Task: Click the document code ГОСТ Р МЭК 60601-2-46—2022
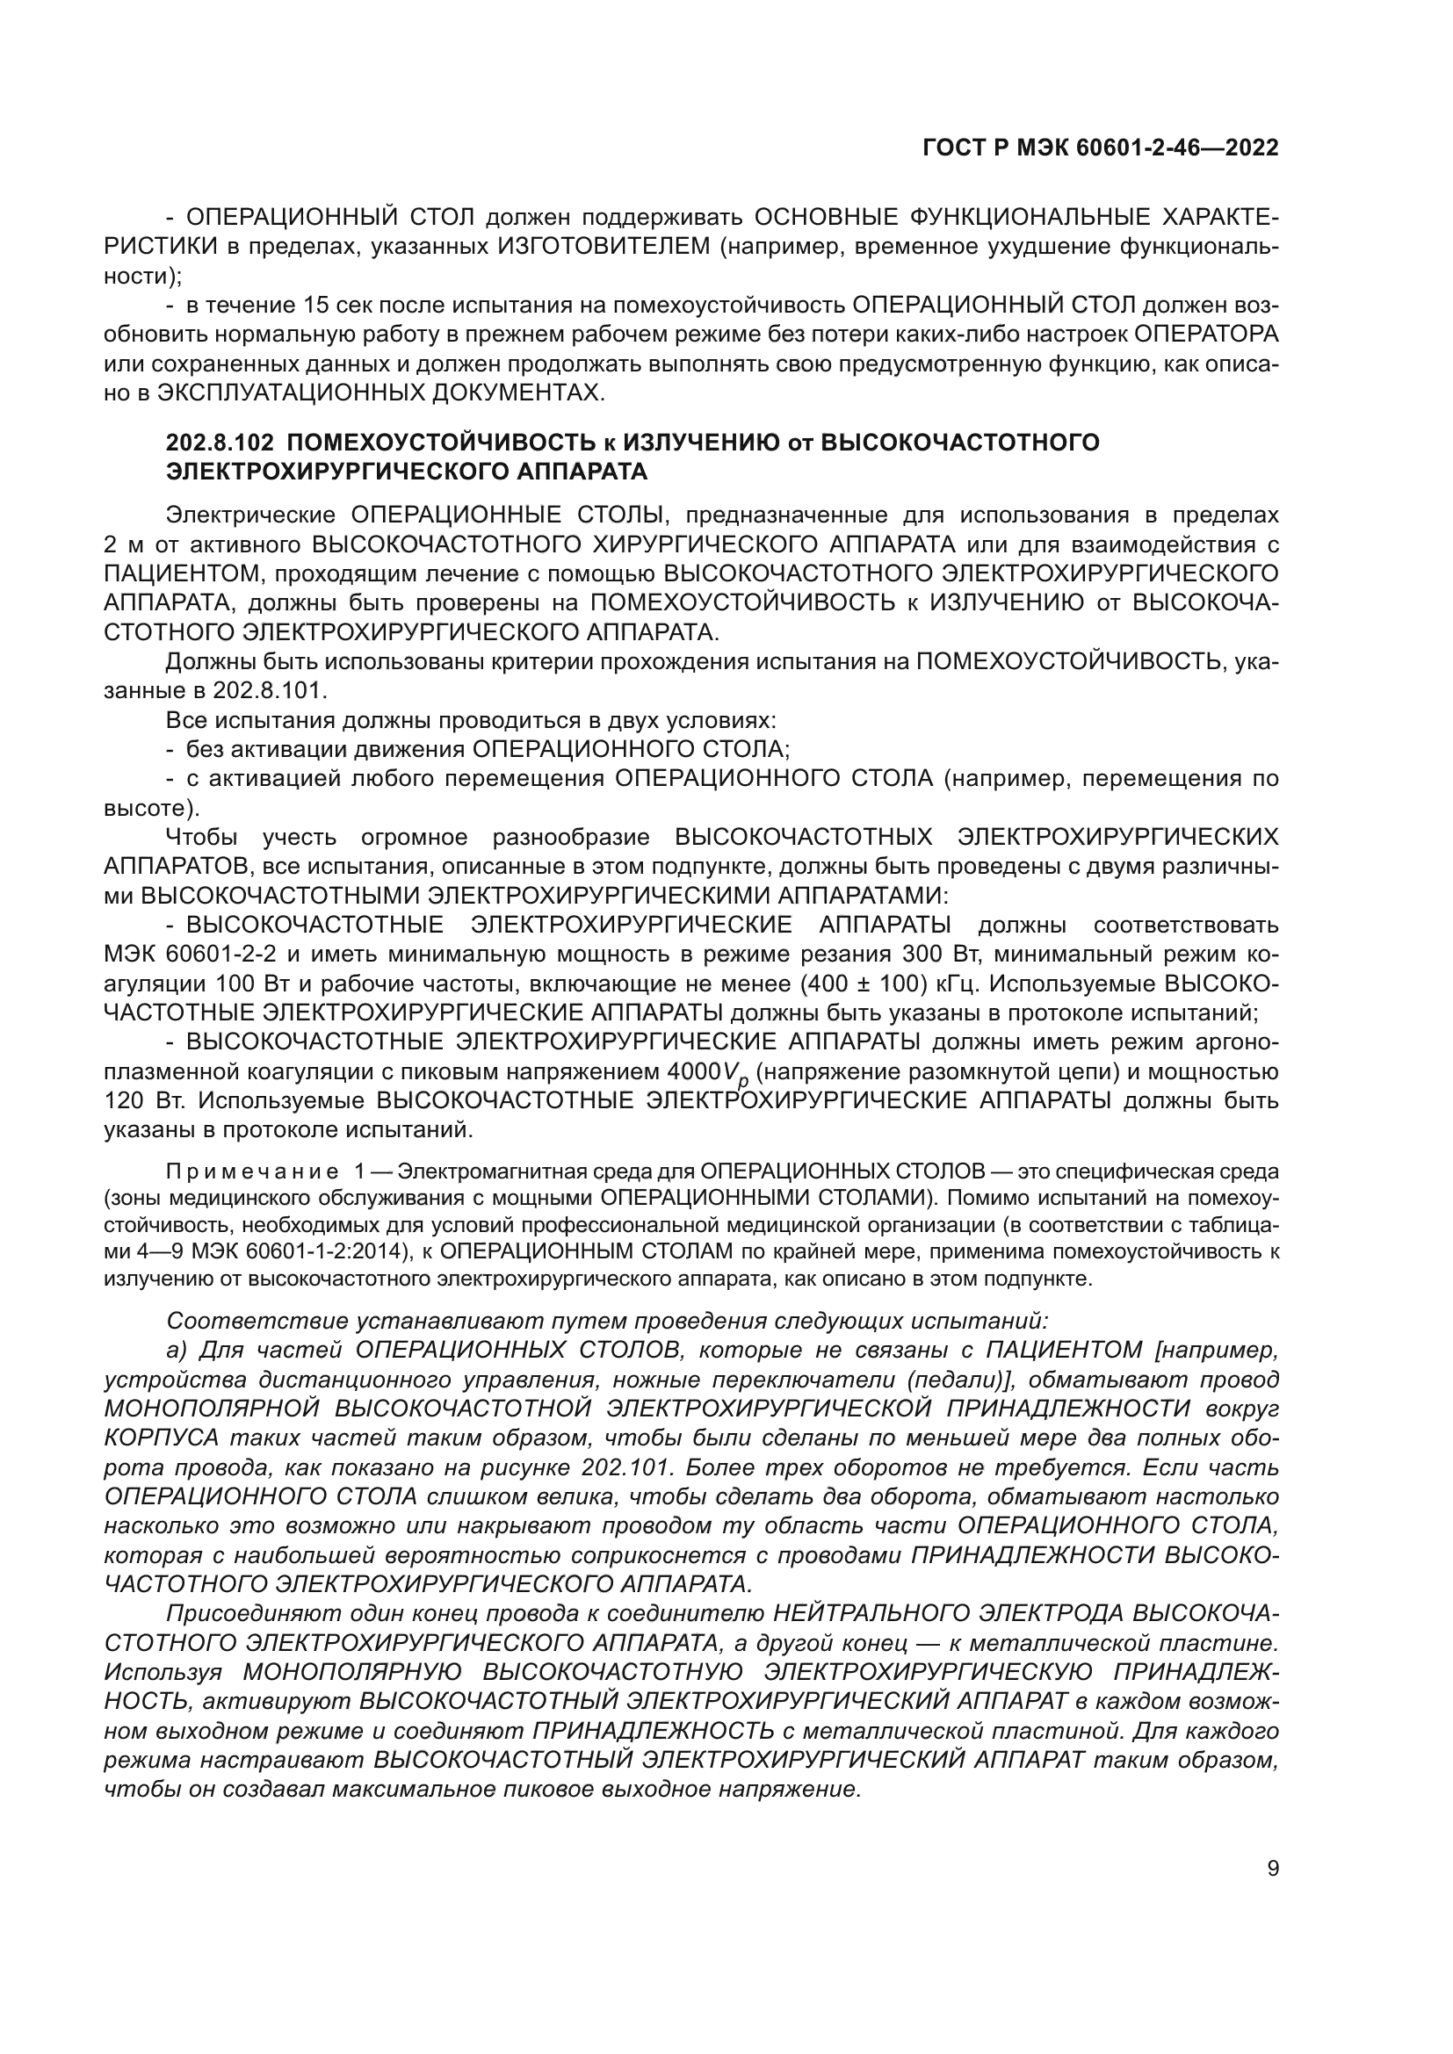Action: [x=1100, y=148]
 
